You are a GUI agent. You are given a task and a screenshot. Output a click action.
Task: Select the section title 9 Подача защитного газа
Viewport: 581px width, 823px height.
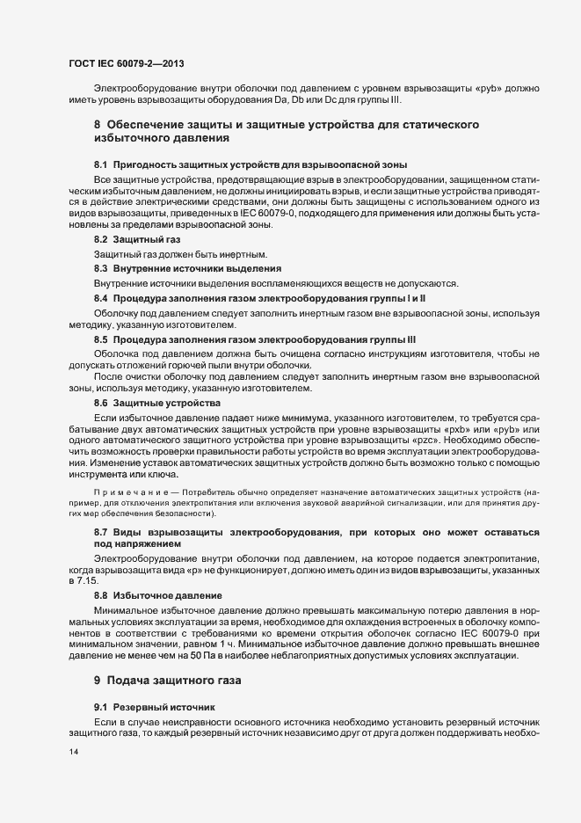166,681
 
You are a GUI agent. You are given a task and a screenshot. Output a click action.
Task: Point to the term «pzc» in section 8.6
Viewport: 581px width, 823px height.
425,439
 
